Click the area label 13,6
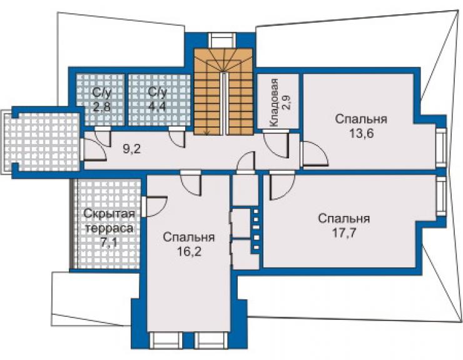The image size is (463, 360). pyautogui.click(x=362, y=133)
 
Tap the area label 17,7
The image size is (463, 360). pyautogui.click(x=345, y=233)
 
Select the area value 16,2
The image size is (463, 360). pyautogui.click(x=189, y=252)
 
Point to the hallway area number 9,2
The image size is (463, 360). pyautogui.click(x=132, y=148)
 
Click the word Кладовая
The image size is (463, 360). pyautogui.click(x=274, y=103)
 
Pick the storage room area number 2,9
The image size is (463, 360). pyautogui.click(x=286, y=103)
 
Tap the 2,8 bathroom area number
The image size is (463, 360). pyautogui.click(x=101, y=106)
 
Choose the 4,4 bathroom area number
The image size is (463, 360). pyautogui.click(x=157, y=106)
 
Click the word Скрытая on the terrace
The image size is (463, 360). pyautogui.click(x=109, y=213)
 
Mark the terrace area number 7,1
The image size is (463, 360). pyautogui.click(x=109, y=243)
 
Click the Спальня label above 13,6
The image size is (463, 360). pyautogui.click(x=361, y=119)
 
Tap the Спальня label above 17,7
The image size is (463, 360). pyautogui.click(x=344, y=219)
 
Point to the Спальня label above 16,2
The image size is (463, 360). pyautogui.click(x=189, y=237)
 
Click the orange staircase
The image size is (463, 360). pyautogui.click(x=223, y=91)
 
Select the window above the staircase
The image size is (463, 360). pyautogui.click(x=221, y=40)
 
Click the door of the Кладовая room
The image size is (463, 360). pyautogui.click(x=275, y=144)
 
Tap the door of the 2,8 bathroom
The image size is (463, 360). pyautogui.click(x=103, y=136)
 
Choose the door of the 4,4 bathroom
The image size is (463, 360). pyautogui.click(x=176, y=137)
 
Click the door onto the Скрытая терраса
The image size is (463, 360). pyautogui.click(x=155, y=207)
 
